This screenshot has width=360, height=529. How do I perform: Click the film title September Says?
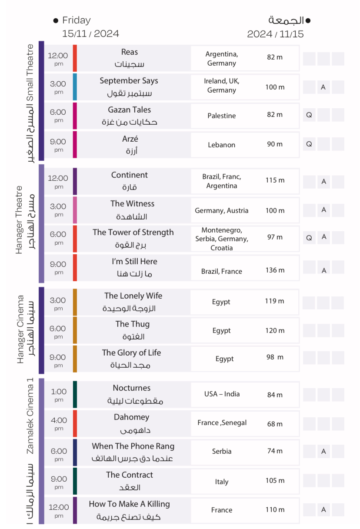click(129, 81)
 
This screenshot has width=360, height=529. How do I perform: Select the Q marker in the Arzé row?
click(309, 144)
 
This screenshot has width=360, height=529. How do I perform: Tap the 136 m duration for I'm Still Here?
click(275, 270)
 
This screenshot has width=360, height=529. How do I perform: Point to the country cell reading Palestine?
click(222, 116)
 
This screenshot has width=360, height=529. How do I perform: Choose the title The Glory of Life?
click(131, 353)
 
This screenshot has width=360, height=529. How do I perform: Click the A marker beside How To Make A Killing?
click(323, 509)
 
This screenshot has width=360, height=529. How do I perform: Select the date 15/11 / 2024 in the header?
click(90, 34)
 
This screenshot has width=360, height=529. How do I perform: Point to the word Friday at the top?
click(77, 20)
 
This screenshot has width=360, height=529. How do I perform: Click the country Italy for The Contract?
click(222, 482)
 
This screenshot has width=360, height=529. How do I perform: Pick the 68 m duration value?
click(275, 424)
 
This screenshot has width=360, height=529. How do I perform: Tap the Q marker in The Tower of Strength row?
click(309, 237)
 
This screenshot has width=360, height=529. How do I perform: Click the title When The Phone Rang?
click(133, 446)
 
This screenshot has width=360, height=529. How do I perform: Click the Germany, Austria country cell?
click(222, 211)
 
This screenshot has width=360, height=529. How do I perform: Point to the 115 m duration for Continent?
click(275, 180)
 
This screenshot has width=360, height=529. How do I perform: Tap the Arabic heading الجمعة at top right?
click(286, 20)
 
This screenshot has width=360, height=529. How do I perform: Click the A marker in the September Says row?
click(323, 87)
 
